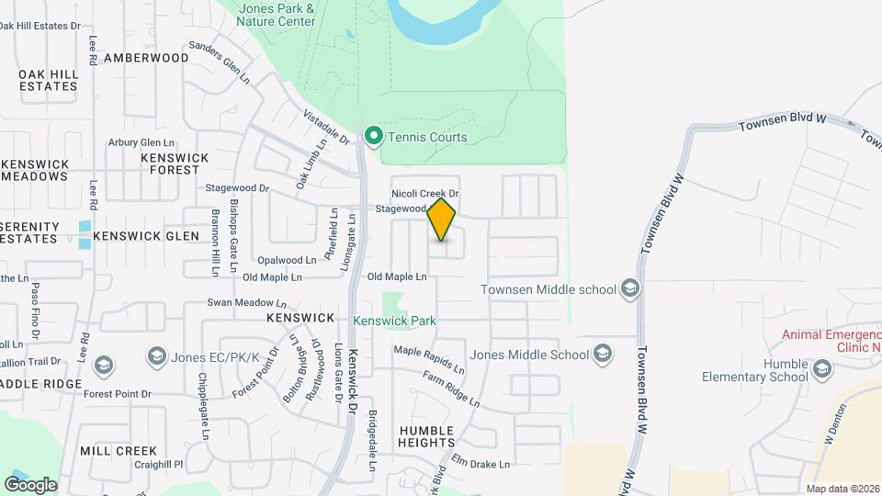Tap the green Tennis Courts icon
click(374, 137)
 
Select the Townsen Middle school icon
click(629, 289)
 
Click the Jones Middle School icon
click(603, 354)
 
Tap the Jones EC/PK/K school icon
click(156, 355)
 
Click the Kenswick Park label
click(394, 321)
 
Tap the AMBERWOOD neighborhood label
click(146, 58)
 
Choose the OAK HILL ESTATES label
click(48, 79)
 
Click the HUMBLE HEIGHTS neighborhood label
click(426, 436)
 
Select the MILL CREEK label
click(118, 451)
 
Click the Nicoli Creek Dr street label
click(424, 194)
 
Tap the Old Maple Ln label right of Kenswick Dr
click(397, 276)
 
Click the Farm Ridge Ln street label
click(451, 389)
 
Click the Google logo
click(31, 484)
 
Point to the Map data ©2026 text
click(842, 489)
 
